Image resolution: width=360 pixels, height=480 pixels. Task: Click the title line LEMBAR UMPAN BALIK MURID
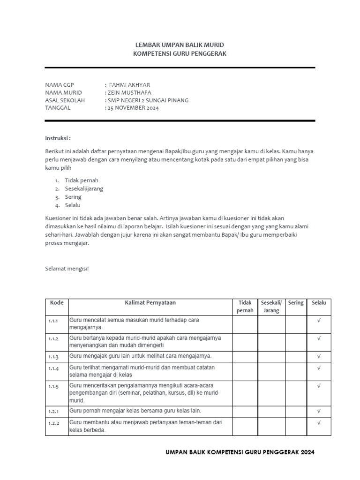point(180,45)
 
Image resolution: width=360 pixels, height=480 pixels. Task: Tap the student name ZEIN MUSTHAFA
point(130,92)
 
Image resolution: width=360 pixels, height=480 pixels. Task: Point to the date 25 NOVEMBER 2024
point(134,108)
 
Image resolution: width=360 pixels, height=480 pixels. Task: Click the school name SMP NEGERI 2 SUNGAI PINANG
point(149,100)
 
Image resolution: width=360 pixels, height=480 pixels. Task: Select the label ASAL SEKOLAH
point(65,100)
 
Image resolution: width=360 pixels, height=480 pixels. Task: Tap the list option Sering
point(73,197)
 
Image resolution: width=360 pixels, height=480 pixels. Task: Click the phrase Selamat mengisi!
point(67,269)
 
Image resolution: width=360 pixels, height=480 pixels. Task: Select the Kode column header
point(57,303)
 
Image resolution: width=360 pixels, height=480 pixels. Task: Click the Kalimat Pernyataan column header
point(150,303)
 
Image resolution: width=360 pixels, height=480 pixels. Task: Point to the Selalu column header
point(319,303)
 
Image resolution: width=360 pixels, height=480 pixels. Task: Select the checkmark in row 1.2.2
point(319,422)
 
